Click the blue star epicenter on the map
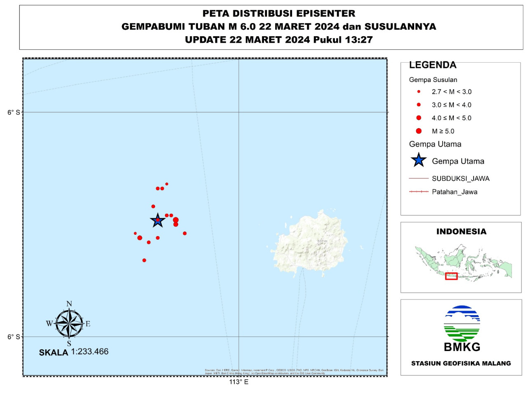pyautogui.click(x=158, y=220)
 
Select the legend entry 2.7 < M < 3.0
pyautogui.click(x=451, y=92)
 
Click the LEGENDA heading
pyautogui.click(x=433, y=65)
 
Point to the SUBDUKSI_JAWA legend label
pyautogui.click(x=460, y=179)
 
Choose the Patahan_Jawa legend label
pyautogui.click(x=454, y=192)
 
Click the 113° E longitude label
pyautogui.click(x=239, y=382)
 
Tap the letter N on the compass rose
pyautogui.click(x=69, y=304)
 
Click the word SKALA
pyautogui.click(x=54, y=353)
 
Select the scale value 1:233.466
pyautogui.click(x=90, y=352)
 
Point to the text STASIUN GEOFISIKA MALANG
pyautogui.click(x=461, y=363)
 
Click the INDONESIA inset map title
pyautogui.click(x=461, y=232)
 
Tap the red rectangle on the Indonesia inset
pyautogui.click(x=451, y=276)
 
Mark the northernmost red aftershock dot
pyautogui.click(x=167, y=184)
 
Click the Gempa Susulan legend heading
pyautogui.click(x=433, y=80)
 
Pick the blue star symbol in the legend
pyautogui.click(x=418, y=160)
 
